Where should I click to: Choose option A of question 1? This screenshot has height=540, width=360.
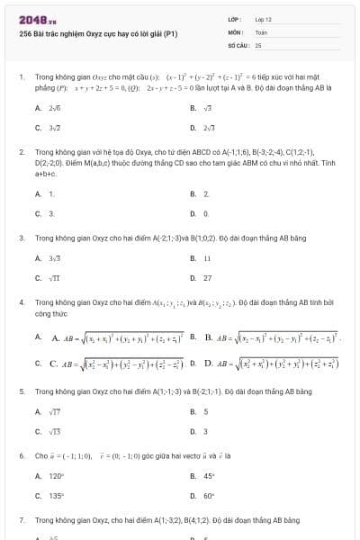[x=45, y=107]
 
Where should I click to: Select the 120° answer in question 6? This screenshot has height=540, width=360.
[x=50, y=476]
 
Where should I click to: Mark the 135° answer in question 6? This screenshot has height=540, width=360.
[x=50, y=496]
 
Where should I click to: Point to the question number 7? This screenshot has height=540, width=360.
[x=21, y=520]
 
